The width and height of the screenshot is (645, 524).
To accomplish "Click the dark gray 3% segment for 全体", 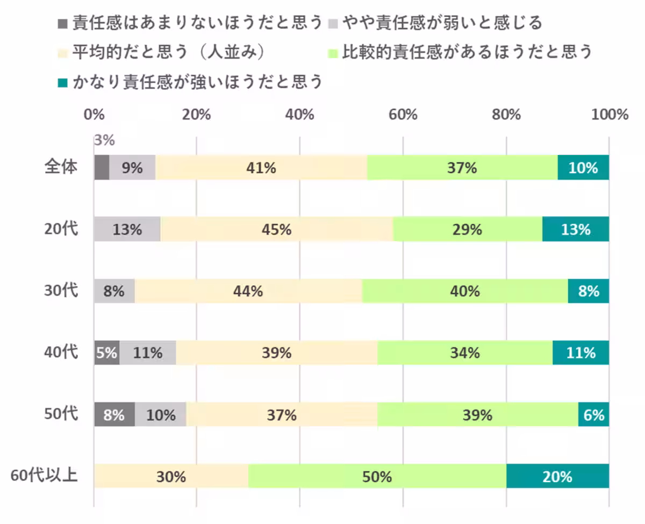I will point(102,167).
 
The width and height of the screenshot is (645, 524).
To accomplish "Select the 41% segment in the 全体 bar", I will point(261,167).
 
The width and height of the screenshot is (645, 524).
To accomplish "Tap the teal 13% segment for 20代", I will point(575,229).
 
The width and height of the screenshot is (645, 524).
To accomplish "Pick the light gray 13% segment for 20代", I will point(127,229).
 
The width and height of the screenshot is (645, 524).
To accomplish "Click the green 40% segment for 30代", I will point(465,291).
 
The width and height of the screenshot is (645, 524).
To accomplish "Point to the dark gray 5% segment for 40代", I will point(106,353).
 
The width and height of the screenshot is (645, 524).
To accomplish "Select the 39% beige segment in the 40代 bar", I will point(276,353).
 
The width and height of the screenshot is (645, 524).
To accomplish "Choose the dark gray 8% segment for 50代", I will point(114,415).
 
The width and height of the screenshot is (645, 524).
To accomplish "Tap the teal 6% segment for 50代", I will point(593,415).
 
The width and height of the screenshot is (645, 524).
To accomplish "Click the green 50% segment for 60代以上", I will point(377,476).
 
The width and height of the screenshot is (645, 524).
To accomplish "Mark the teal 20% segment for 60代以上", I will point(557,476).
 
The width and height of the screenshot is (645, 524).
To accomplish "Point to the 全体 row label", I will point(61,167).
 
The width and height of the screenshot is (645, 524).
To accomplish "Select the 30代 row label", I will point(61,291).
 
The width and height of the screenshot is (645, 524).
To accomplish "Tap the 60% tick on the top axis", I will point(403,115).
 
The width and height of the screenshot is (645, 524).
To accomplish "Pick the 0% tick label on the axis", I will point(94,115).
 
